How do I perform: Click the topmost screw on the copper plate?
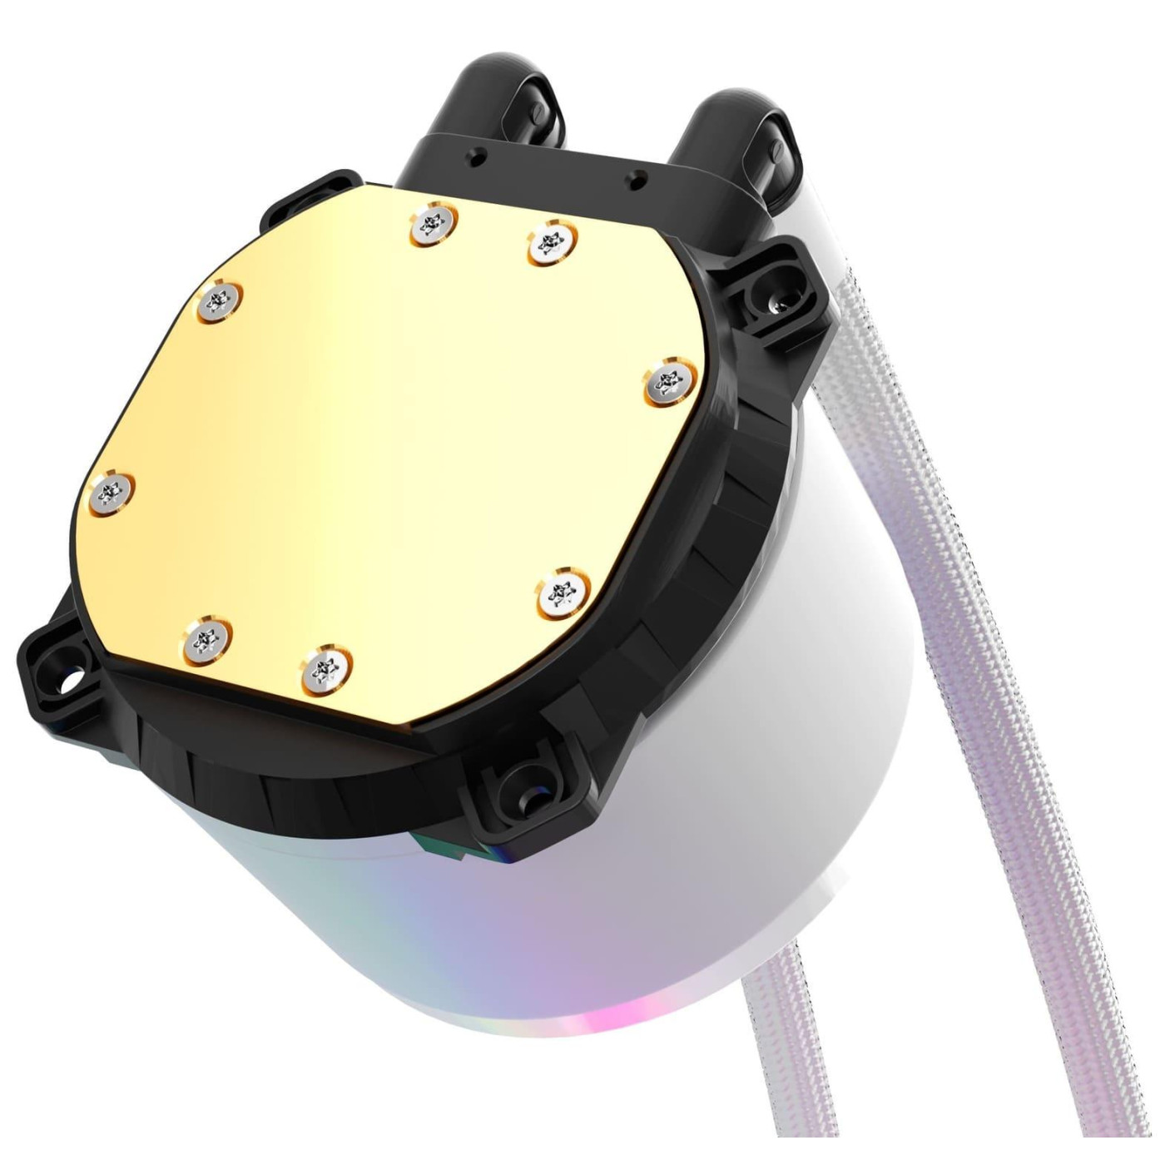(433, 225)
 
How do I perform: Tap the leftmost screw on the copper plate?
(111, 491)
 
